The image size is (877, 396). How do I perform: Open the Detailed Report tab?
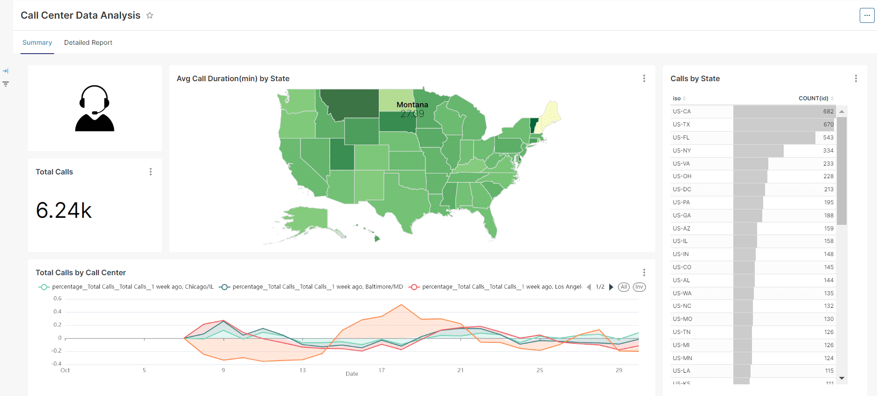pyautogui.click(x=88, y=42)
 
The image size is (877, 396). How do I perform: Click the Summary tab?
pyautogui.click(x=37, y=42)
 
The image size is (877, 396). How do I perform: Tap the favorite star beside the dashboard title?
pyautogui.click(x=150, y=15)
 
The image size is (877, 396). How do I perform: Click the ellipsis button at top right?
pyautogui.click(x=867, y=15)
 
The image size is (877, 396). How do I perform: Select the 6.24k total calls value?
pyautogui.click(x=64, y=210)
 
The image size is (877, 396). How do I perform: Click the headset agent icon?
pyautogui.click(x=95, y=108)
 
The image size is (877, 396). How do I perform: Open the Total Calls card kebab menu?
pyautogui.click(x=151, y=172)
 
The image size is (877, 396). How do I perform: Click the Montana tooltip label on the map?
pyautogui.click(x=412, y=105)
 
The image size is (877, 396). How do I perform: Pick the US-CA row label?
pyautogui.click(x=682, y=111)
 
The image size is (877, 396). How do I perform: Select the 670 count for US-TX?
pyautogui.click(x=828, y=125)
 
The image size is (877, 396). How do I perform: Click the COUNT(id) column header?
pyautogui.click(x=813, y=98)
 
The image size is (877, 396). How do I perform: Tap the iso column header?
pyautogui.click(x=677, y=98)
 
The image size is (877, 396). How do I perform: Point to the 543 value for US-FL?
pyautogui.click(x=828, y=138)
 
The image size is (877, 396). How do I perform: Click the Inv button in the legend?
pyautogui.click(x=639, y=287)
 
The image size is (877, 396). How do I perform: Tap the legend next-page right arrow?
pyautogui.click(x=611, y=287)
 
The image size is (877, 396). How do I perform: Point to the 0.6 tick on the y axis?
pyautogui.click(x=57, y=299)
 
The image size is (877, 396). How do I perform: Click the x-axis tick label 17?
pyautogui.click(x=382, y=370)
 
